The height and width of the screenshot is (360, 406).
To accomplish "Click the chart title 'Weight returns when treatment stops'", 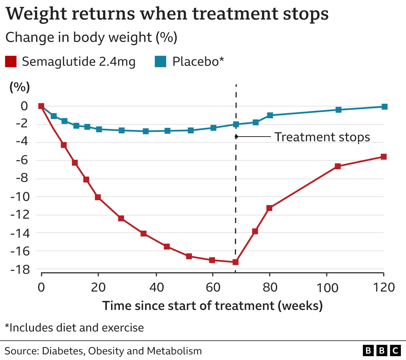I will (167, 14).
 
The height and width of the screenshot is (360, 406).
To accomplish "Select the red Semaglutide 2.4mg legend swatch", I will (11, 61).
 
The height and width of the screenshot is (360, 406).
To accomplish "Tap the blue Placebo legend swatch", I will (160, 61).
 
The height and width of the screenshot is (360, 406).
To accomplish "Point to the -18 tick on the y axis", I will (20, 269).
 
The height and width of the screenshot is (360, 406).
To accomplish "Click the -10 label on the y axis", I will (20, 197).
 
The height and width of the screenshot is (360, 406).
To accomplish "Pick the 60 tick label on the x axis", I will (213, 287).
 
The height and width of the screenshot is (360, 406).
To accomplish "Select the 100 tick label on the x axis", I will (327, 287).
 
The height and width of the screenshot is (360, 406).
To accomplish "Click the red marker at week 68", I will (235, 262).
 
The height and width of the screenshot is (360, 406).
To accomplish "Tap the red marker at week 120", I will (383, 157).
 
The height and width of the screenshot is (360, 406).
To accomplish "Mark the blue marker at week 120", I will (384, 106).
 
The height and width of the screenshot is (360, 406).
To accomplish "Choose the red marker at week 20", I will (98, 197).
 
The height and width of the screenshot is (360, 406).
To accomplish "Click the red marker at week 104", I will (338, 166).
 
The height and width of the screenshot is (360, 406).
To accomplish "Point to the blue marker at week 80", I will (270, 115).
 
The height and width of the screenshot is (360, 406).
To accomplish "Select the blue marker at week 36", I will (146, 131).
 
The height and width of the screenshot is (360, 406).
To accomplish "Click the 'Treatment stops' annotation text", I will (322, 137).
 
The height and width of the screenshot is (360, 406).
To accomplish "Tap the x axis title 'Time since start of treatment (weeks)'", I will (213, 306).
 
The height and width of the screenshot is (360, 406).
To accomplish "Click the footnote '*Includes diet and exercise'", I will (75, 327).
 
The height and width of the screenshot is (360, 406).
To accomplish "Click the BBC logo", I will (382, 350).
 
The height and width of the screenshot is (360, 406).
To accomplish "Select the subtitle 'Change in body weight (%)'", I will (91, 37).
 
